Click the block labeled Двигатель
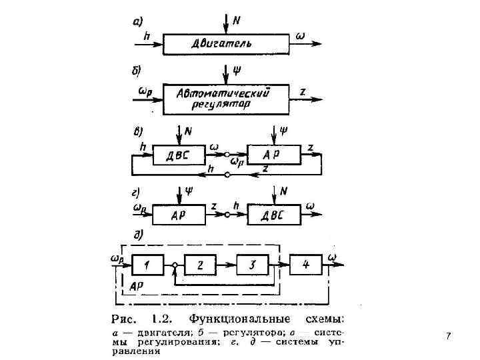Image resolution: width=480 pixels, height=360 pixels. [x=224, y=44]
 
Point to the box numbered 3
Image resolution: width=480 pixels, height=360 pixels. [x=253, y=265]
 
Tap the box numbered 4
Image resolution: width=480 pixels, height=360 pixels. [x=306, y=265]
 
